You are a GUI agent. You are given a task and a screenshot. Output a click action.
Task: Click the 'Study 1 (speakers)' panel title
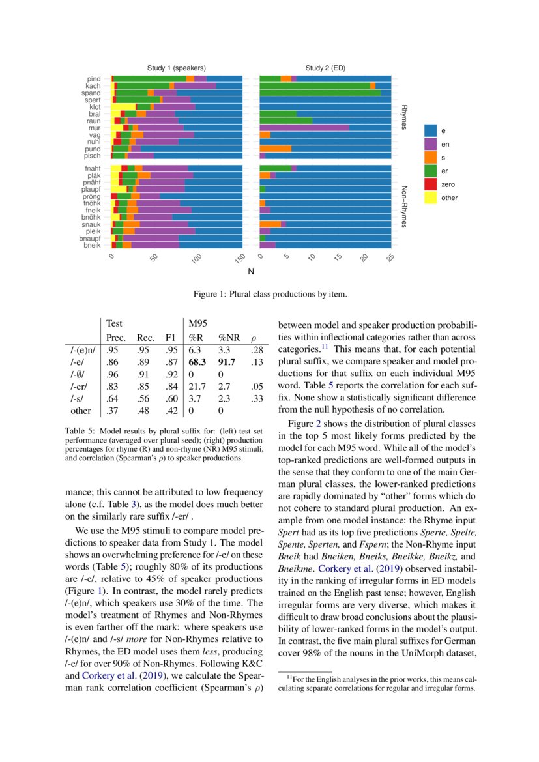tap(176, 68)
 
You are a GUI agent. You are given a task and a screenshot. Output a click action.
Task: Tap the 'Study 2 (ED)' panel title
tap(325, 68)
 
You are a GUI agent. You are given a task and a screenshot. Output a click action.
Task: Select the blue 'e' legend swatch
tap(431, 130)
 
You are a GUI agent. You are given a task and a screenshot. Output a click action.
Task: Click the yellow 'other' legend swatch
tap(431, 198)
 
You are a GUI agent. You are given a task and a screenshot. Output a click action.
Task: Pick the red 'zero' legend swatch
tap(431, 184)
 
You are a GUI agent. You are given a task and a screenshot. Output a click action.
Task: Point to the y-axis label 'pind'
tap(94, 79)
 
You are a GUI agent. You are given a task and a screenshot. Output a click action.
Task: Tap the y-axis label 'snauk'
tap(92, 224)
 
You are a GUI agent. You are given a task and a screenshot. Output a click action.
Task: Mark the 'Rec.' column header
tap(145, 338)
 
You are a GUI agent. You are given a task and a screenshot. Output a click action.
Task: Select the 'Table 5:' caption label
tap(81, 431)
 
